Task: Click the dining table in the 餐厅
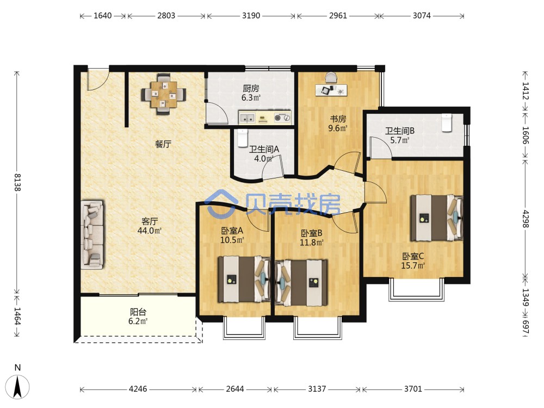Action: pyautogui.click(x=163, y=94)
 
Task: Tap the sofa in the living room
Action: pyautogui.click(x=92, y=235)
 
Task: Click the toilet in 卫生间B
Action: pyautogui.click(x=447, y=123)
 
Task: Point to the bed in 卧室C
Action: pyautogui.click(x=437, y=218)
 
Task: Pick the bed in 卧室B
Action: pyautogui.click(x=301, y=283)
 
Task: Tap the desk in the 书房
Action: pyautogui.click(x=331, y=90)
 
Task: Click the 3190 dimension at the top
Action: pyautogui.click(x=251, y=16)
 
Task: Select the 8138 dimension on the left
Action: pyautogui.click(x=17, y=182)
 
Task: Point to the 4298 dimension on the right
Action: pyautogui.click(x=526, y=219)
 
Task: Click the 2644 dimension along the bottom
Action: pyautogui.click(x=235, y=389)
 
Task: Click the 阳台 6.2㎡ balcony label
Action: pyautogui.click(x=138, y=317)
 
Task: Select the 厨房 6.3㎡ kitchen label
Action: pyautogui.click(x=251, y=93)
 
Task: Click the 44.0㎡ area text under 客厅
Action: pyautogui.click(x=150, y=230)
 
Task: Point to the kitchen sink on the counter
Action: pyautogui.click(x=248, y=118)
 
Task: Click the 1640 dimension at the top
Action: pyautogui.click(x=103, y=16)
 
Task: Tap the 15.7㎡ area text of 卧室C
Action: pyautogui.click(x=413, y=266)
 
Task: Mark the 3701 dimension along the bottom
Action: pyautogui.click(x=413, y=389)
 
